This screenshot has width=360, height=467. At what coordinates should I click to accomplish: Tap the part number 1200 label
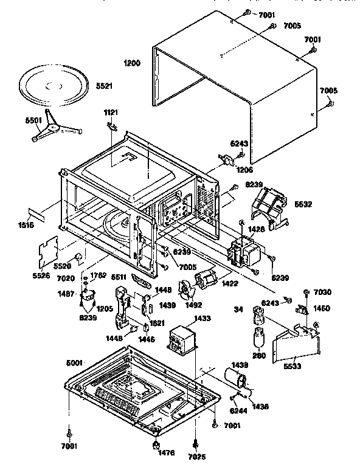[131, 63]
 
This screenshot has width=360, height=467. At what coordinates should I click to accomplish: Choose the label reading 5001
[75, 364]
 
